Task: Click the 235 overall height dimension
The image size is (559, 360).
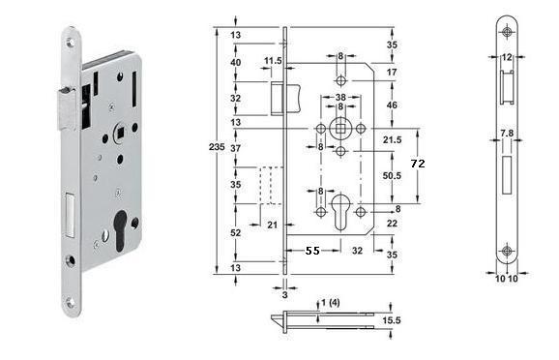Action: pyautogui.click(x=217, y=147)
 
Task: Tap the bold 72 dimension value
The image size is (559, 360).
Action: pyautogui.click(x=418, y=164)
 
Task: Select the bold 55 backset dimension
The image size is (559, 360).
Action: pyautogui.click(x=312, y=251)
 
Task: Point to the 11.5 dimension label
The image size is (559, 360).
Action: pyautogui.click(x=273, y=61)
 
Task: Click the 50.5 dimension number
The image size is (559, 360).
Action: pyautogui.click(x=392, y=175)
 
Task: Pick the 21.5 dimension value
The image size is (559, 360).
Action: pyautogui.click(x=392, y=140)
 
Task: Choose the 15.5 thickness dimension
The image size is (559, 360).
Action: pyautogui.click(x=392, y=320)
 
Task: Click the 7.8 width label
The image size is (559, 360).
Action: pyautogui.click(x=507, y=134)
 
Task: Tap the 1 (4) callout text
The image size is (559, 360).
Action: pyautogui.click(x=331, y=303)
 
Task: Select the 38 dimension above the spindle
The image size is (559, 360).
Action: pyautogui.click(x=340, y=97)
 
